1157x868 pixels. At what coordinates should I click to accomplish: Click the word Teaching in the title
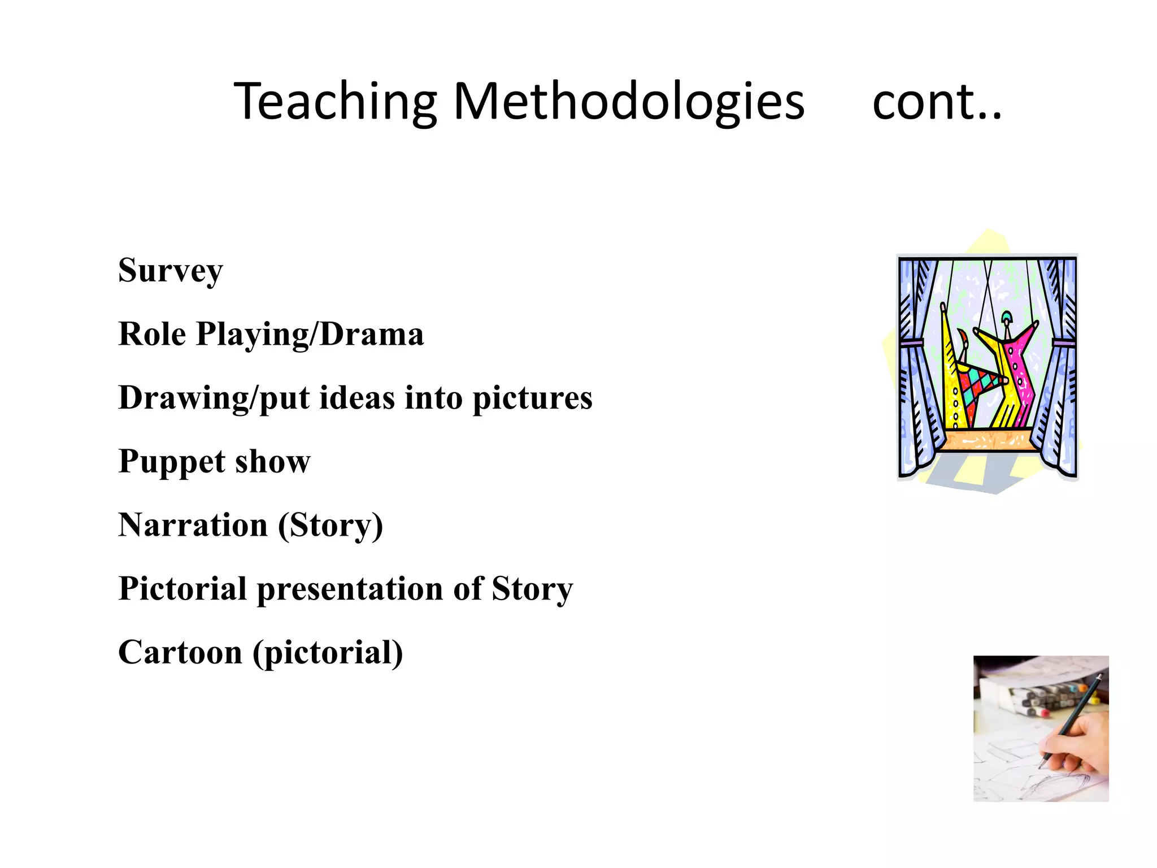click(335, 102)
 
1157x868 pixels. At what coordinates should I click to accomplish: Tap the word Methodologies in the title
click(628, 102)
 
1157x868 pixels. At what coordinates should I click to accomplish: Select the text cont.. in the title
click(937, 102)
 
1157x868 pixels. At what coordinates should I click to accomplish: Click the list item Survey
click(171, 270)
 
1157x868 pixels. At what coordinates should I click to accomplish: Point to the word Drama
click(371, 334)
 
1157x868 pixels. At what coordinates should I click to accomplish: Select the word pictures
click(532, 398)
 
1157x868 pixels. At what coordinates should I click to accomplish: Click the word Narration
click(193, 525)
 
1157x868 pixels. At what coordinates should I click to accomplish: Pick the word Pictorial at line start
click(182, 589)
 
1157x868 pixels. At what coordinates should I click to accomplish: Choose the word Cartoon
click(180, 653)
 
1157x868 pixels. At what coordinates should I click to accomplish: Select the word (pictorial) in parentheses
click(328, 653)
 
